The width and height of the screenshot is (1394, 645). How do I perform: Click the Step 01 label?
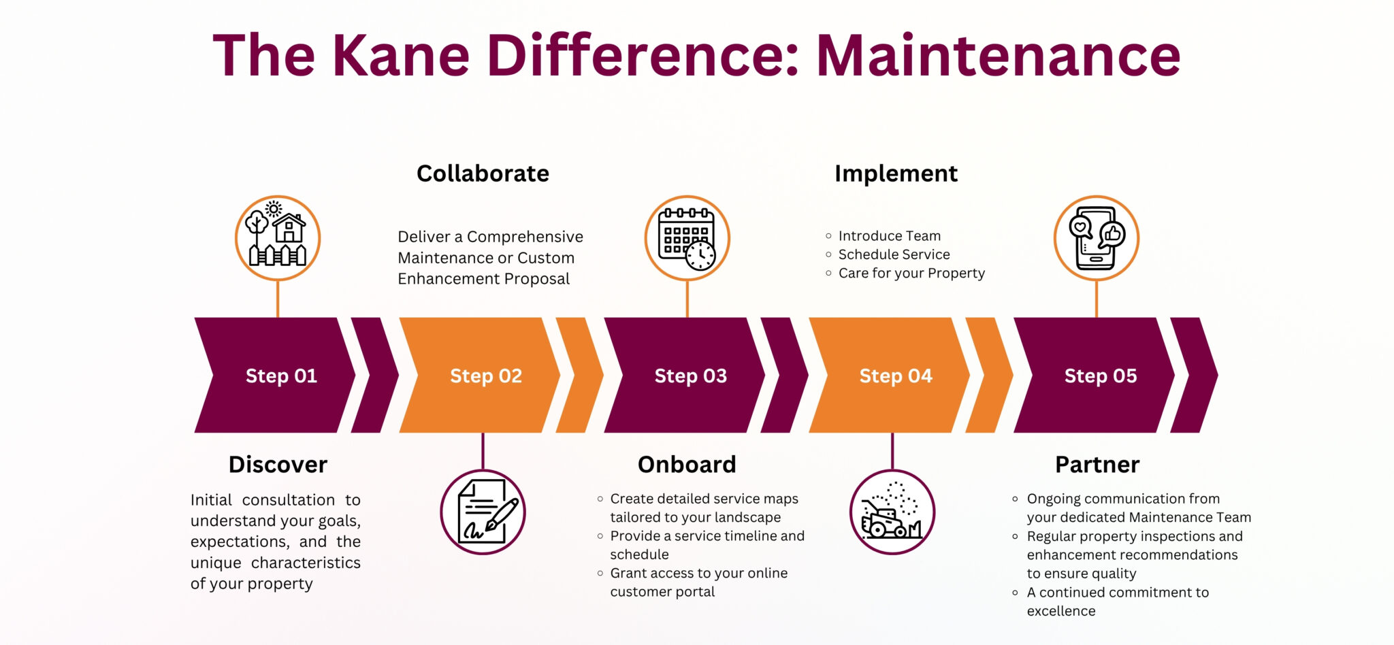(281, 376)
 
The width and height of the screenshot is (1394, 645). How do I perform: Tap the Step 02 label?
(486, 376)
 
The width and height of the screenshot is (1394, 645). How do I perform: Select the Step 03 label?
(690, 376)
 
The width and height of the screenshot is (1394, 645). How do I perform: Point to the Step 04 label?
(896, 376)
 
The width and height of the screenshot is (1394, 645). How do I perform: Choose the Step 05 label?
(1101, 376)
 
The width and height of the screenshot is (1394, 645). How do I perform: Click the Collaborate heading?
(483, 173)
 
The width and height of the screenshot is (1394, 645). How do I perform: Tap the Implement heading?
(896, 173)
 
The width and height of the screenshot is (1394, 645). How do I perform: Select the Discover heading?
(278, 465)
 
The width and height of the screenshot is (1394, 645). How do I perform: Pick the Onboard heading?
(687, 465)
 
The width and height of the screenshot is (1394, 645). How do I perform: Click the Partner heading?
(1097, 465)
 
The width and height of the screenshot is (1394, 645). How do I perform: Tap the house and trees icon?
(278, 238)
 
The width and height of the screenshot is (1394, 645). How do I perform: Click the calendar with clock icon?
(687, 238)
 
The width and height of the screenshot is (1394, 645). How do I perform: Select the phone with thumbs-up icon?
(1096, 238)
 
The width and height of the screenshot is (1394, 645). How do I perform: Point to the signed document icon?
(483, 512)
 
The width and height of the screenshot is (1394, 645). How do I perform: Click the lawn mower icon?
(892, 512)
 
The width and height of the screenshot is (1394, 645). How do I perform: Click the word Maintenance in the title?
(998, 56)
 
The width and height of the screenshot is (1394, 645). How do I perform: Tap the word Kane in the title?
(401, 56)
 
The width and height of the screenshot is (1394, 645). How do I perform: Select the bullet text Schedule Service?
(894, 254)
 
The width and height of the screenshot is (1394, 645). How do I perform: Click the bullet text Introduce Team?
(889, 236)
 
